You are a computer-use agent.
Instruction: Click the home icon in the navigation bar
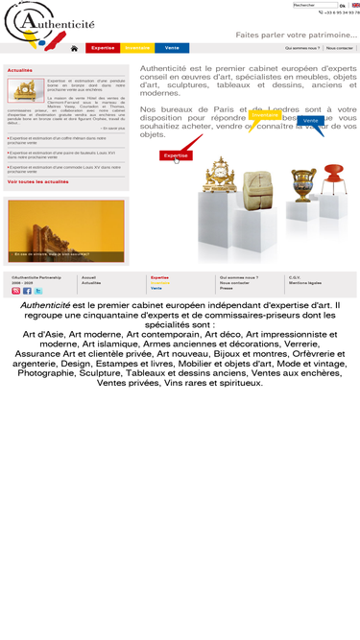[x=74, y=48]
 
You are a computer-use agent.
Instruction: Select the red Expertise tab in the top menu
[x=103, y=48]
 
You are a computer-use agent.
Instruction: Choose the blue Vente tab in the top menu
[x=172, y=48]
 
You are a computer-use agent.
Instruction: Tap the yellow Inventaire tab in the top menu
[x=137, y=48]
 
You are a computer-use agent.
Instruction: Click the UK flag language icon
[x=355, y=5]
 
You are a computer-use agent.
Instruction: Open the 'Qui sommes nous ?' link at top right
[x=302, y=47]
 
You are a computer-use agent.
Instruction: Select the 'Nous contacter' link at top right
[x=340, y=47]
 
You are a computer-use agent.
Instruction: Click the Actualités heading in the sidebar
[x=19, y=70]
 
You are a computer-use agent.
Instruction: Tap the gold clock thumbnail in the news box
[x=26, y=90]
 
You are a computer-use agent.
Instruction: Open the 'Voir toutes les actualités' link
[x=37, y=180]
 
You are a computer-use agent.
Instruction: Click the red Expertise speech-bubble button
[x=176, y=154]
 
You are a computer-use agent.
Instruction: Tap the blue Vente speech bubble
[x=310, y=121]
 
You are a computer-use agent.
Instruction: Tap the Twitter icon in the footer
[x=38, y=291]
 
